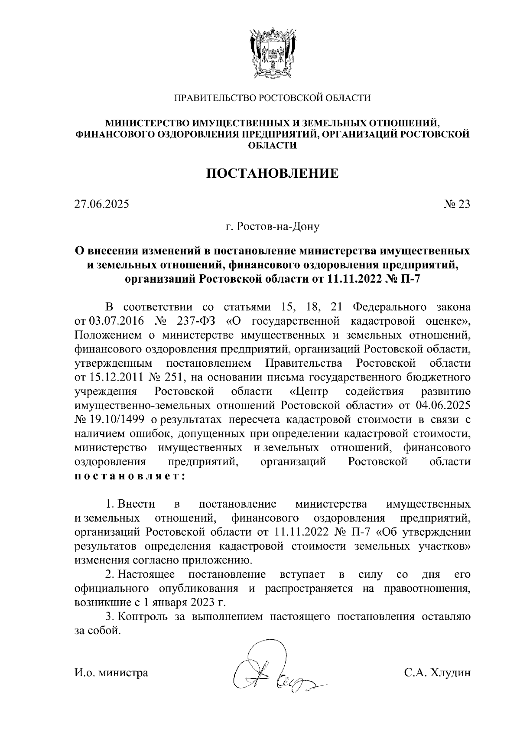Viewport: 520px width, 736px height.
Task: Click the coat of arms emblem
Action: click(273, 52)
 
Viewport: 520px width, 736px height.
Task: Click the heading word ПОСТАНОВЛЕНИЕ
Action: click(272, 173)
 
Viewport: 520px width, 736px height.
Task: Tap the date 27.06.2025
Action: click(102, 204)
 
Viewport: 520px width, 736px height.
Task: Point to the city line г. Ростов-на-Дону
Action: click(272, 227)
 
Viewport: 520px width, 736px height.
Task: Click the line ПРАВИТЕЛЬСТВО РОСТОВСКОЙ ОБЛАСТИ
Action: click(272, 98)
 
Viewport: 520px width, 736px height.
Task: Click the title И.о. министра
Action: click(111, 673)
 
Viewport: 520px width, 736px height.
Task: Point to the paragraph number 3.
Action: click(109, 617)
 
